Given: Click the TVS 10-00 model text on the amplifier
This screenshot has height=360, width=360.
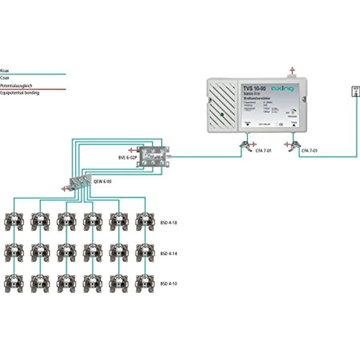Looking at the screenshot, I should coord(255,88).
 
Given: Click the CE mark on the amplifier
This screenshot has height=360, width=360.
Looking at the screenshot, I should coord(277,124).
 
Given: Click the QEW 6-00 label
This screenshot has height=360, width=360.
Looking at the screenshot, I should coord(102,181).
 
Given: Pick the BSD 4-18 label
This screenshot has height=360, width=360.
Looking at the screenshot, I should coord(168,222).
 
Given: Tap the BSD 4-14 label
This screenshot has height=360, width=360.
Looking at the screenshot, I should coord(168,254).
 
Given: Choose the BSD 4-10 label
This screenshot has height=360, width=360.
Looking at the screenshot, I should coord(168,284).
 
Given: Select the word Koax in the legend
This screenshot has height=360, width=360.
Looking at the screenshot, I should coord(5,71).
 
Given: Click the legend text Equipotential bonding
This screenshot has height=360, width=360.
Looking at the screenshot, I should coord(20,92).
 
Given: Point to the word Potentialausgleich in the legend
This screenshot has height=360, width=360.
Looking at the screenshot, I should coord(16,86).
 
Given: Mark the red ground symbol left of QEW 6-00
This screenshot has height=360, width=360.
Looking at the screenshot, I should coord(63,188).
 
